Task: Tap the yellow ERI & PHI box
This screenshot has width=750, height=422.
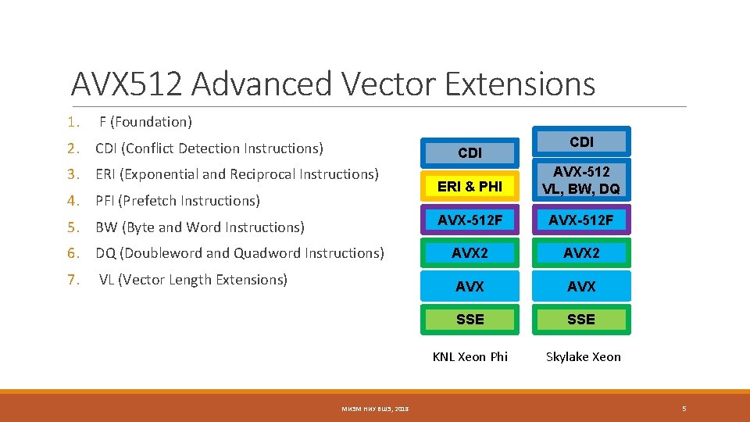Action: click(470, 187)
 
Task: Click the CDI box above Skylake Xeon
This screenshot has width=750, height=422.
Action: click(581, 141)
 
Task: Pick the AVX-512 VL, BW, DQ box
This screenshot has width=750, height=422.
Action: click(581, 180)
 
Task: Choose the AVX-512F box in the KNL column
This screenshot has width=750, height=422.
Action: click(470, 221)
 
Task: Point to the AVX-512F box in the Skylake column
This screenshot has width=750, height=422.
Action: click(581, 221)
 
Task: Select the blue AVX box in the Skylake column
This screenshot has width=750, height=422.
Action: click(581, 287)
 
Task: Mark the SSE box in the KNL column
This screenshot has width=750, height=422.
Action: click(470, 320)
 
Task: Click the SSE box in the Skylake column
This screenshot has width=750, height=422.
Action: click(581, 320)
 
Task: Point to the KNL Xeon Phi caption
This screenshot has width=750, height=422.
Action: click(470, 356)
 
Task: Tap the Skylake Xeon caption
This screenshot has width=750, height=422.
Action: click(584, 356)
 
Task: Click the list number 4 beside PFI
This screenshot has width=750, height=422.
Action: click(73, 201)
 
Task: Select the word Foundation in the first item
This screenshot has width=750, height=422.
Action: click(153, 122)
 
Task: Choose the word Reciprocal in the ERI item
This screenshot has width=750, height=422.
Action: click(263, 174)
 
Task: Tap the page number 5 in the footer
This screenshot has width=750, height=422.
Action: click(684, 409)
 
